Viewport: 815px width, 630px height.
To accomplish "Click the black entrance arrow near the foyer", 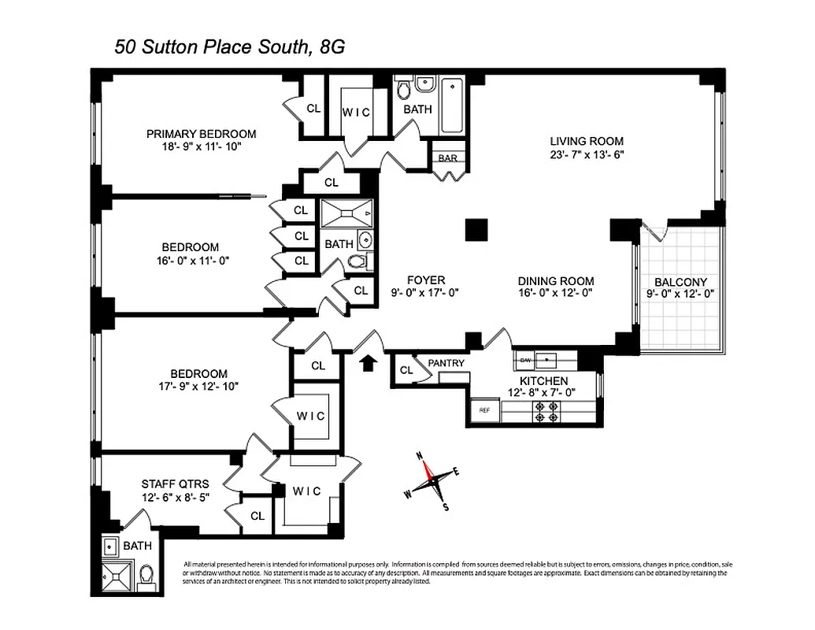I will pos(368,363).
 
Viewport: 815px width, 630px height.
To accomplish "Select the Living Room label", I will pos(586,141).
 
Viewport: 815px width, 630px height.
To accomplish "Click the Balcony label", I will pos(680,282).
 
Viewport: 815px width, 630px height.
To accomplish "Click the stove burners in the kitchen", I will pos(545,411).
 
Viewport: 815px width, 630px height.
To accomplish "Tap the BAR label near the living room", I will pos(447,157).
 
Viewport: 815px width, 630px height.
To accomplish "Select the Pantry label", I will pos(446,363).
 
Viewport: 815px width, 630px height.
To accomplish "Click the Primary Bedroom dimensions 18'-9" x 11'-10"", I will pos(200,146).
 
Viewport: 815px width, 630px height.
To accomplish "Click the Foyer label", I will pos(426,280).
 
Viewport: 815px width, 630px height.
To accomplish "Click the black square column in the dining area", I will pos(477,229).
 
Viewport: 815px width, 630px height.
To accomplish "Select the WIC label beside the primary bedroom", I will pos(356,112).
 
